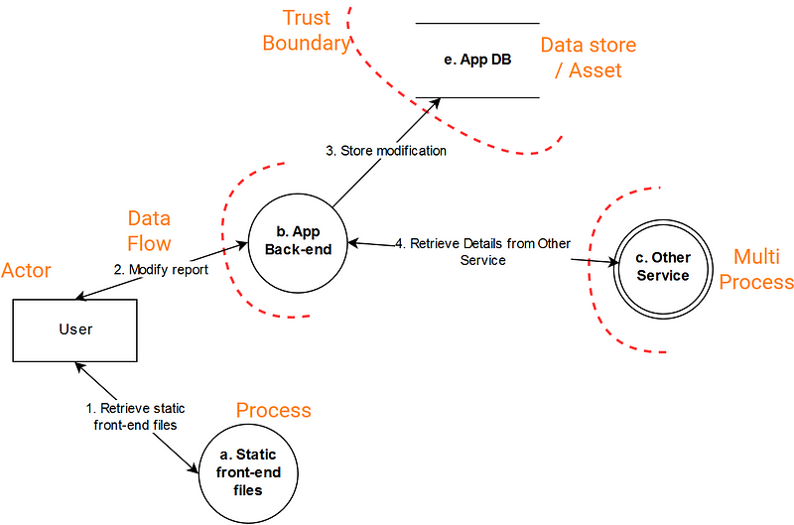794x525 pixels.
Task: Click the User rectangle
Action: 75,328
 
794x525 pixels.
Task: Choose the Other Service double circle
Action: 662,267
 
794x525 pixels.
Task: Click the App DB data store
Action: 477,60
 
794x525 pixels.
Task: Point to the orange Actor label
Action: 28,271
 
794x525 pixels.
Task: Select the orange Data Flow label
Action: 149,231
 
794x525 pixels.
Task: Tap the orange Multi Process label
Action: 756,269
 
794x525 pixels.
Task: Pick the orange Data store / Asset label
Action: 588,58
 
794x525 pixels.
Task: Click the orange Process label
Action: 273,410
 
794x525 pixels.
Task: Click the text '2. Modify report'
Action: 161,269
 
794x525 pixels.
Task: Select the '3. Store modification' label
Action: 386,152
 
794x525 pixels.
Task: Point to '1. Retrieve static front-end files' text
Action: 134,417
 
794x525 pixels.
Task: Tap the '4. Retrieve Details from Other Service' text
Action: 483,251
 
